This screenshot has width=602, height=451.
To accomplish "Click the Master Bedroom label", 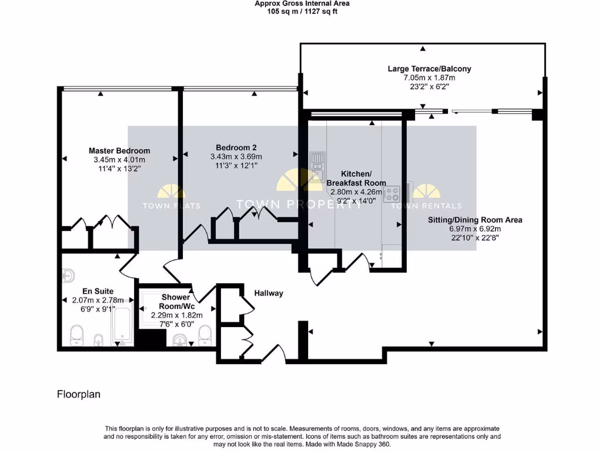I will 119,150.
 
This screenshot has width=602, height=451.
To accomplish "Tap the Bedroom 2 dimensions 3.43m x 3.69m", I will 236,157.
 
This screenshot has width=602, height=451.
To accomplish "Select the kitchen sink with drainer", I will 317,164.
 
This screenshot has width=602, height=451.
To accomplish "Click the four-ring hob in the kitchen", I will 392,194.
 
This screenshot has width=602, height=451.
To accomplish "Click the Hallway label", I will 269,293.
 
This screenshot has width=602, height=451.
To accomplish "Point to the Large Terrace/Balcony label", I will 429,69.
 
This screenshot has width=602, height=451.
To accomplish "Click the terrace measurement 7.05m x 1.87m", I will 429,78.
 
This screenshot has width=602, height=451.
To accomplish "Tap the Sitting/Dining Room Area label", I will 475,220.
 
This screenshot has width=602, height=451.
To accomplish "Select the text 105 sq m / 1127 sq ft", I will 302,11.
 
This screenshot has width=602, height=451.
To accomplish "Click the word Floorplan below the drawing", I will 78,395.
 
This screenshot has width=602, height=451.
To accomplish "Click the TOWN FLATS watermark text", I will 171,206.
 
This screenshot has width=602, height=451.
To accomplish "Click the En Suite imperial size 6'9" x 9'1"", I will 89,309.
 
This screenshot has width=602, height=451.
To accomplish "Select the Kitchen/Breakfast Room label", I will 356,179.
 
